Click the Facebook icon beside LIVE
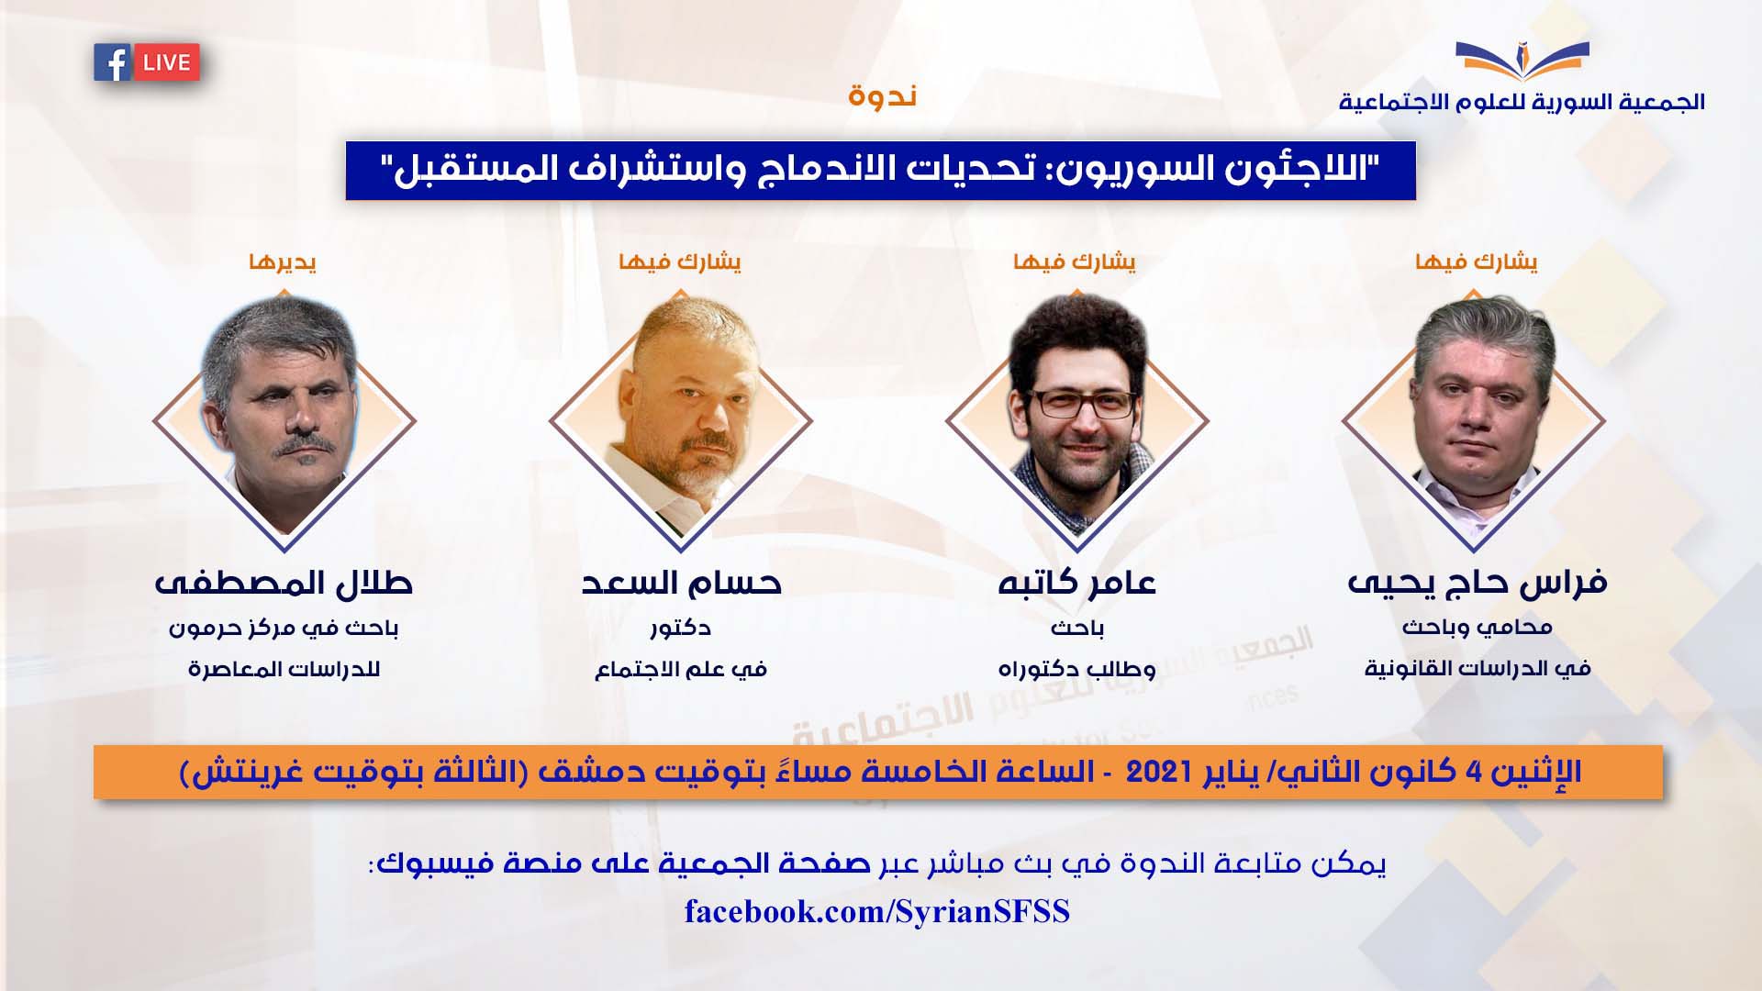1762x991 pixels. (113, 63)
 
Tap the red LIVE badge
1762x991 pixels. (166, 63)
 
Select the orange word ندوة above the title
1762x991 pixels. (882, 95)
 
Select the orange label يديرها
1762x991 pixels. (283, 262)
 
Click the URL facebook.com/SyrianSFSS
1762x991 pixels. (877, 911)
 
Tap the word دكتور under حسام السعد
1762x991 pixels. (680, 629)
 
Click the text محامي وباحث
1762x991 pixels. (1477, 629)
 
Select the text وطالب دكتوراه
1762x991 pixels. (1076, 670)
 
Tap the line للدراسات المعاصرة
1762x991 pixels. (284, 670)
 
